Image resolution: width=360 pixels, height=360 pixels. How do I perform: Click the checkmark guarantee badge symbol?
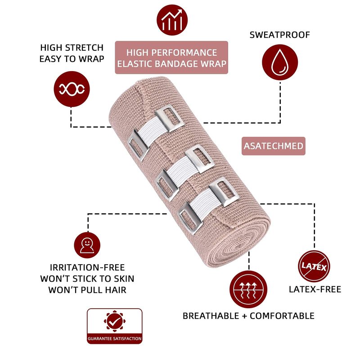114,321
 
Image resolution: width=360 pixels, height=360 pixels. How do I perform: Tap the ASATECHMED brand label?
273,146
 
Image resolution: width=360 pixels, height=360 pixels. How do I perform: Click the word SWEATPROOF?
280,35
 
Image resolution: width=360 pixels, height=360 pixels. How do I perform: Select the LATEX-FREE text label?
315,289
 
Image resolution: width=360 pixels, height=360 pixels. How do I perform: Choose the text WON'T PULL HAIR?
87,290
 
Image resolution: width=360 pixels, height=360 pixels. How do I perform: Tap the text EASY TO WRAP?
72,58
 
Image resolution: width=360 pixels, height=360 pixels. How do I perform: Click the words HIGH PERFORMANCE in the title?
171,52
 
